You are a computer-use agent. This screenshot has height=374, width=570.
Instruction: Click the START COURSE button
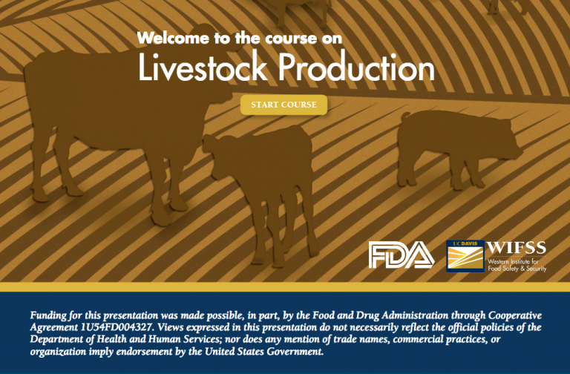(284, 105)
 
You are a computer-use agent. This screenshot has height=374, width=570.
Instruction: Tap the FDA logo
(402, 255)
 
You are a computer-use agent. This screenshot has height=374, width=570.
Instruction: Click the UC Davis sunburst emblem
(465, 256)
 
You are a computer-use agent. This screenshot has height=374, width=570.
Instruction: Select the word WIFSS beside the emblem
(517, 248)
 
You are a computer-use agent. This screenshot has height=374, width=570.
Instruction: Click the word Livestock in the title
(203, 67)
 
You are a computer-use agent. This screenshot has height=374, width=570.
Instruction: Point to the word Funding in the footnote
(48, 315)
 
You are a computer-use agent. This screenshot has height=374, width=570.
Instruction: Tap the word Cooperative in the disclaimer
(515, 315)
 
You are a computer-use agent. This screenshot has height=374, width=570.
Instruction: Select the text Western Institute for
(513, 261)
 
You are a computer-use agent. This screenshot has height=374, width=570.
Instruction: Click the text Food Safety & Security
(517, 269)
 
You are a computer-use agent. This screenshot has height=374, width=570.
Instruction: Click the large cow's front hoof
(161, 219)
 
